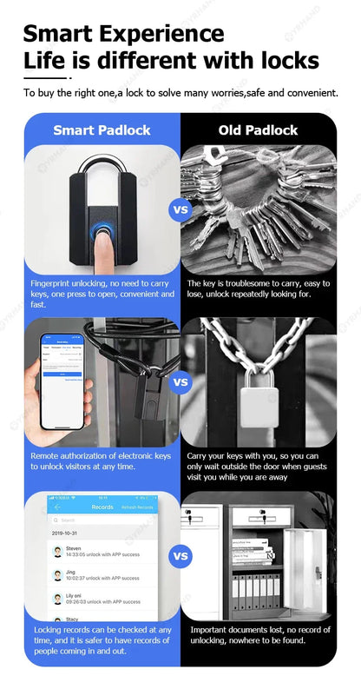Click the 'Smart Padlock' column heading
tap(102, 130)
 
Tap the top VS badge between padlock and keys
tap(180, 209)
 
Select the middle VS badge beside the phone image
tap(180, 381)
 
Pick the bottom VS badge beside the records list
tap(180, 555)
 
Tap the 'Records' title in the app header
tap(102, 507)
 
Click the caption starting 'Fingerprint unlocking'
tap(102, 294)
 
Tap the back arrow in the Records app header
tap(57, 507)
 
